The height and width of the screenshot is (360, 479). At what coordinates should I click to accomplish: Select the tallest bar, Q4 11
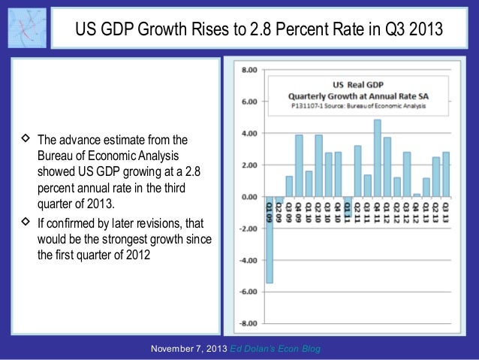377,158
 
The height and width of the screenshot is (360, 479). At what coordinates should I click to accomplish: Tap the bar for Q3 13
446,174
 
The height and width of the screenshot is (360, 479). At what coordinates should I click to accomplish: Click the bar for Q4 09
299,165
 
